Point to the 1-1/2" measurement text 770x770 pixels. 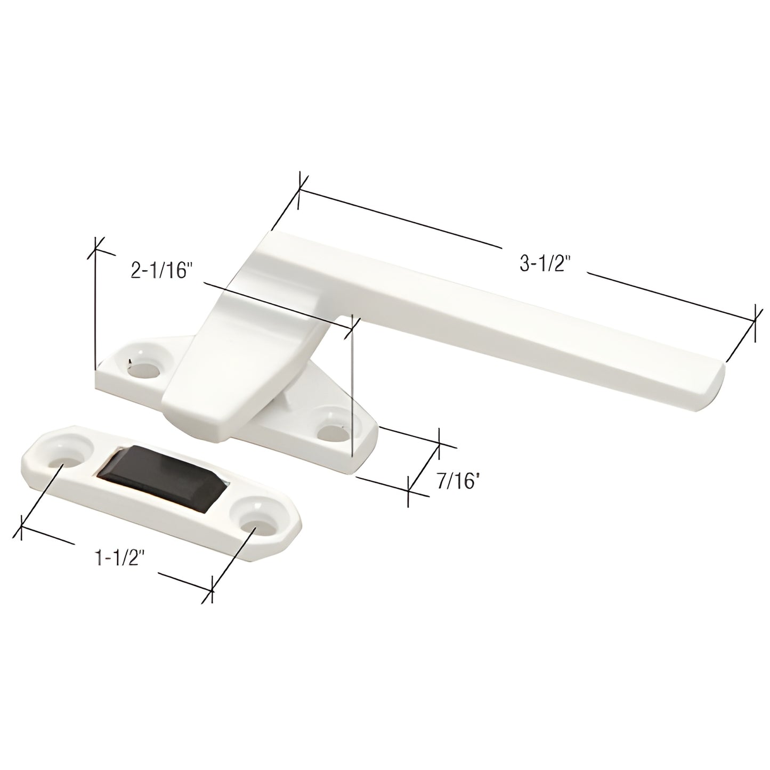tap(120, 558)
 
